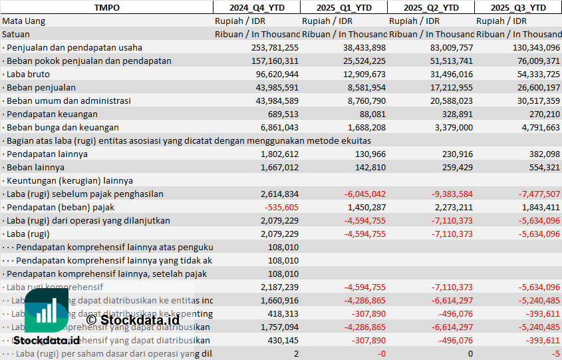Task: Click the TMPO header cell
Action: click(106, 7)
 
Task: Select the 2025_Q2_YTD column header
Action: click(431, 7)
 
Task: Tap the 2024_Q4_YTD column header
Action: click(256, 7)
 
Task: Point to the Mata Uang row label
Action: click(23, 21)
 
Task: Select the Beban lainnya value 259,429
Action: click(456, 167)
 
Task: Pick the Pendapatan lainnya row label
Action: click(46, 154)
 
